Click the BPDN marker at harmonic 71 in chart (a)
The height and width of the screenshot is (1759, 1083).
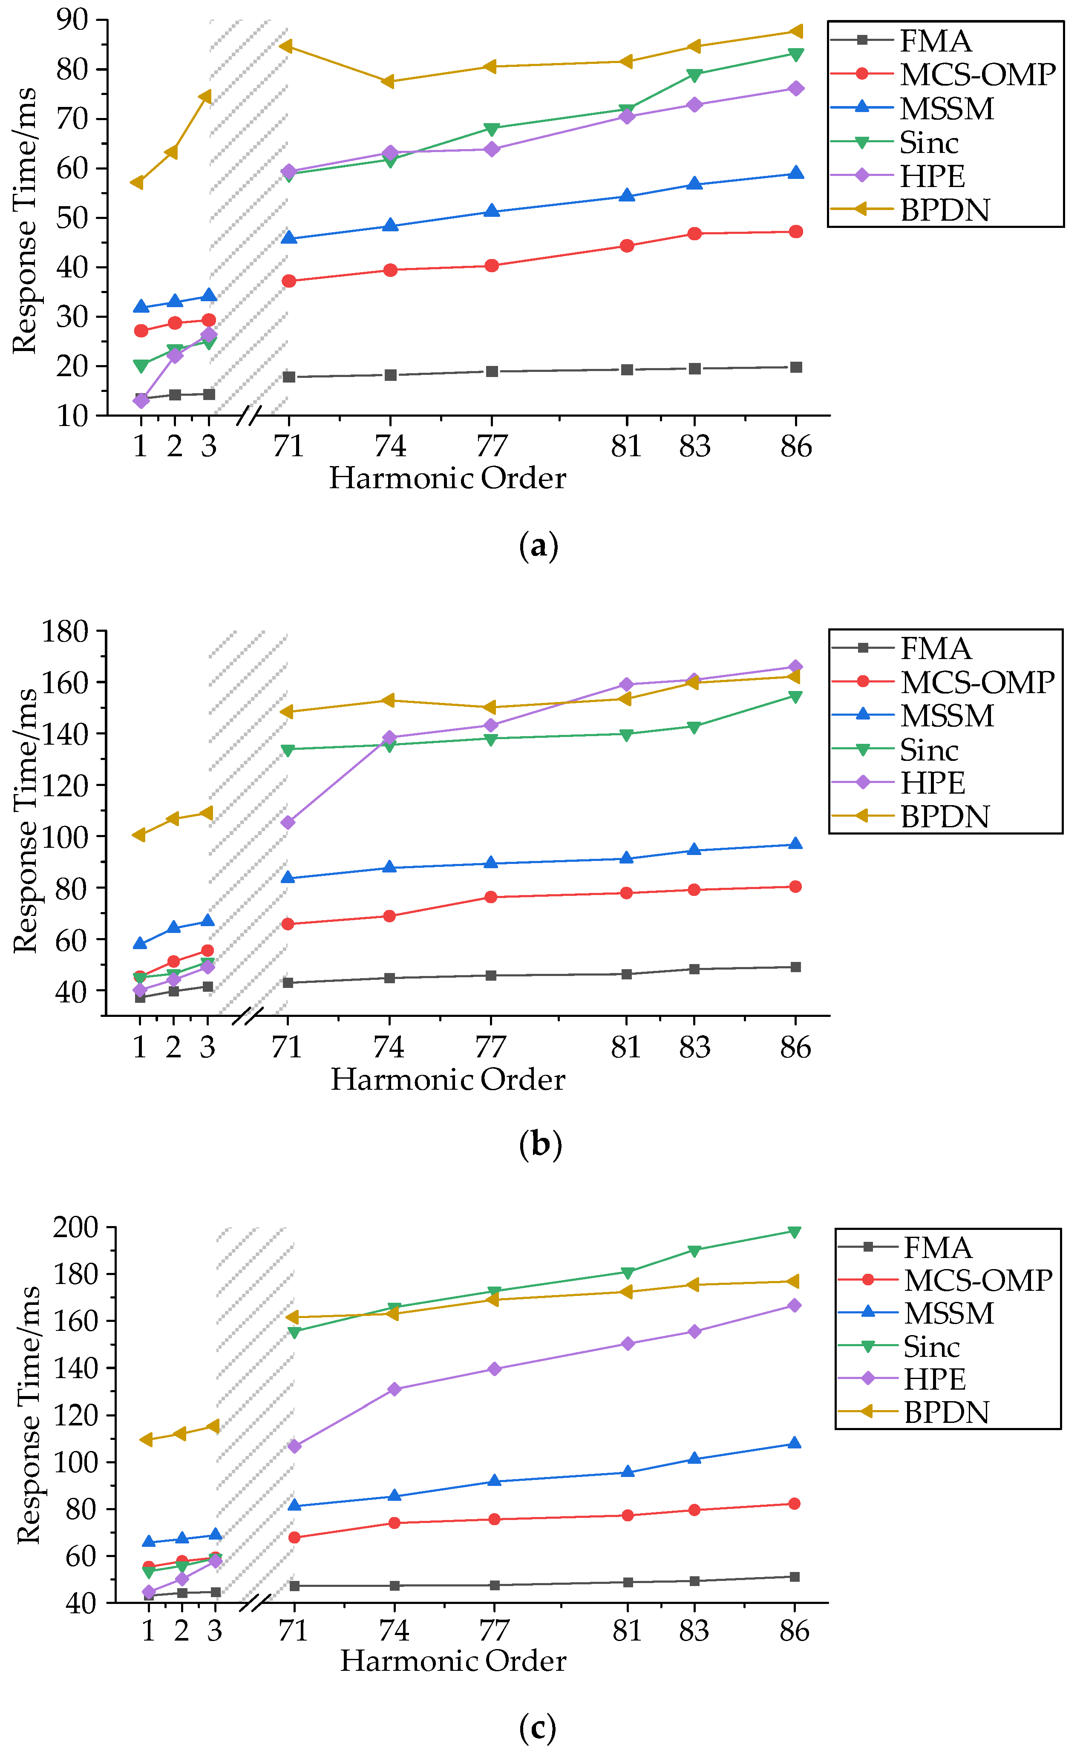pyautogui.click(x=286, y=46)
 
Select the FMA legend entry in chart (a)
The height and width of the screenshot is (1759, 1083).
pyautogui.click(x=935, y=41)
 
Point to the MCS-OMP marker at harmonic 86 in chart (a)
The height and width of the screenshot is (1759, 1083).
pyautogui.click(x=795, y=232)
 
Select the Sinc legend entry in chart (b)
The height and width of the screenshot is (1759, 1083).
pyautogui.click(x=928, y=750)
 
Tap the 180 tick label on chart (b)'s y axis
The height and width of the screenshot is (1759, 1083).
pyautogui.click(x=64, y=632)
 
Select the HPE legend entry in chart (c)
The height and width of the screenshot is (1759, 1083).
pyautogui.click(x=934, y=1379)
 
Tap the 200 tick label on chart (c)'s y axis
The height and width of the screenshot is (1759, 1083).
pyautogui.click(x=75, y=1227)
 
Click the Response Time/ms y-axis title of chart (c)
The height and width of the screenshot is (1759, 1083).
pyautogui.click(x=29, y=1414)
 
